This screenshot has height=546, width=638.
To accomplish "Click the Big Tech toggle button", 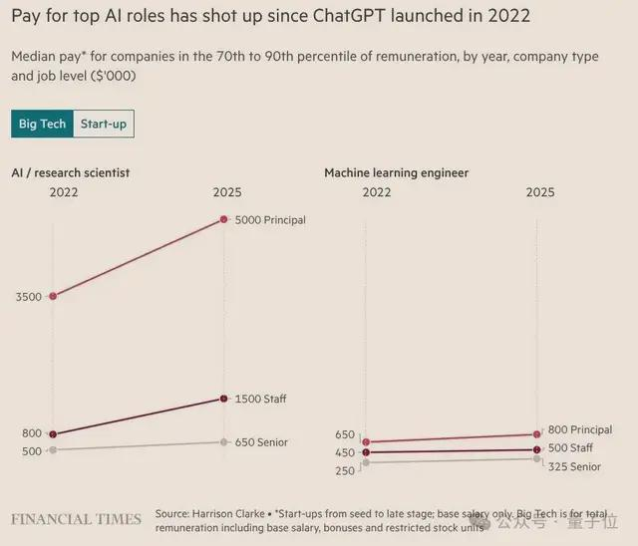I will point(42,124).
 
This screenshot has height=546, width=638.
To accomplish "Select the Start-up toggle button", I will point(104,124).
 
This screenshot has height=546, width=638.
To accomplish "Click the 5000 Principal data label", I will point(269,219).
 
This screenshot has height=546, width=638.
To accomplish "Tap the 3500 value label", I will point(29,296).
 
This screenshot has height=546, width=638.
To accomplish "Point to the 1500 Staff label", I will point(260,399).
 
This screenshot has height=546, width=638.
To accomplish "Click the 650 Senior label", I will point(261,441).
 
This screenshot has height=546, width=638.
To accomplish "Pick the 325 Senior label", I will point(575,466).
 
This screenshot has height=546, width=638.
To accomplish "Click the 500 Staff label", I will point(570,448).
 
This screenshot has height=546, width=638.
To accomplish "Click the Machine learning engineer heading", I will point(396,172).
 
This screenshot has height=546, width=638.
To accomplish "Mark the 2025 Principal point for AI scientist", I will point(223,219).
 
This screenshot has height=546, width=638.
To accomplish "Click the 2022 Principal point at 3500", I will point(52,296).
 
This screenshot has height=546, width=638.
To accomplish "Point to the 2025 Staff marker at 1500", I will point(223,399).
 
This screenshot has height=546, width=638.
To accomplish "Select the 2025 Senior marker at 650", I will point(223,441).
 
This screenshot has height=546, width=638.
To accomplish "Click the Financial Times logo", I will point(76,519).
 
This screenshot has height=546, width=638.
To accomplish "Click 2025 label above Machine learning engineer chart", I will point(540,191).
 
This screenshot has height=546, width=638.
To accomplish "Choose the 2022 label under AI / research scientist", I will point(64,191).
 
